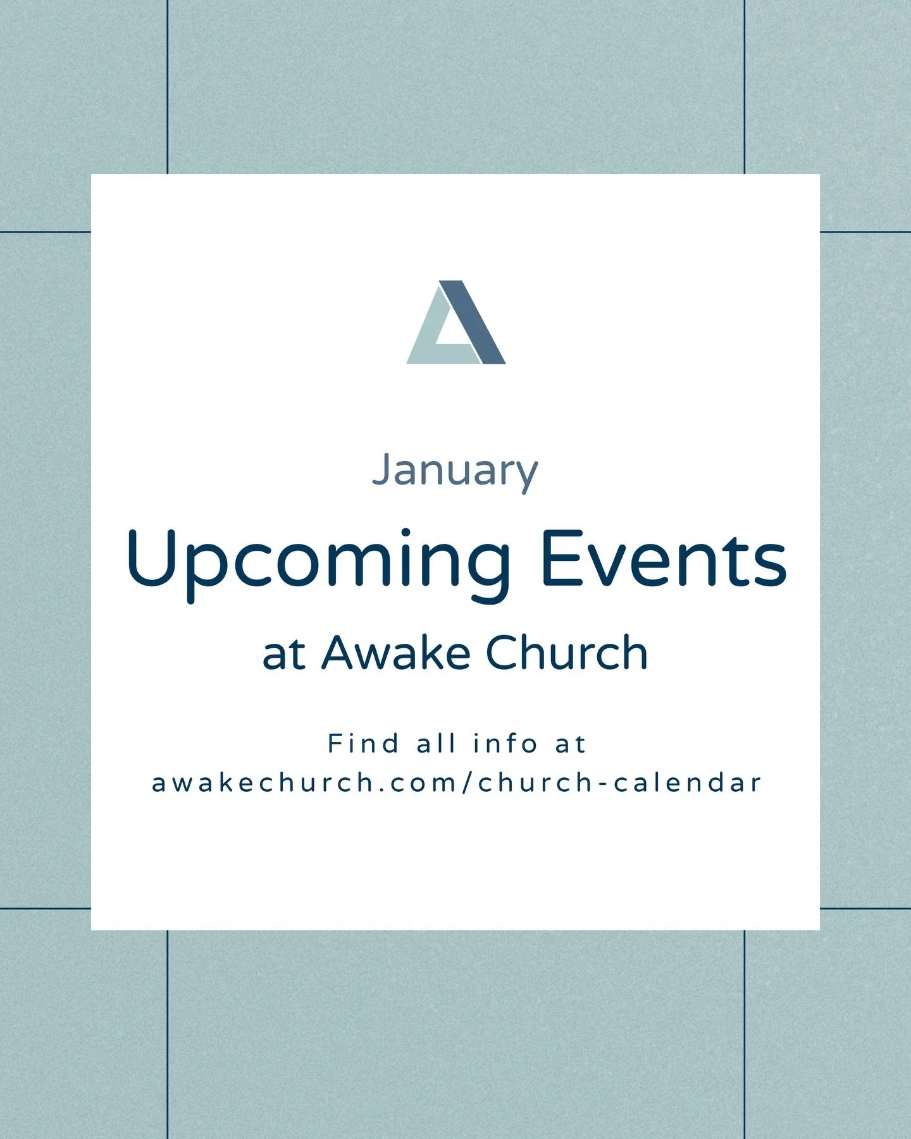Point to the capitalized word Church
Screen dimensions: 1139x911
pos(567,653)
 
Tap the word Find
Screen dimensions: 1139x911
pos(363,744)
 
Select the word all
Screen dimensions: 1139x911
pos(436,744)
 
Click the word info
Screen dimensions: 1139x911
pos(505,744)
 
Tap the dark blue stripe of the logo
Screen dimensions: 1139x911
pos(473,323)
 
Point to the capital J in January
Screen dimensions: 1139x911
pos(380,470)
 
